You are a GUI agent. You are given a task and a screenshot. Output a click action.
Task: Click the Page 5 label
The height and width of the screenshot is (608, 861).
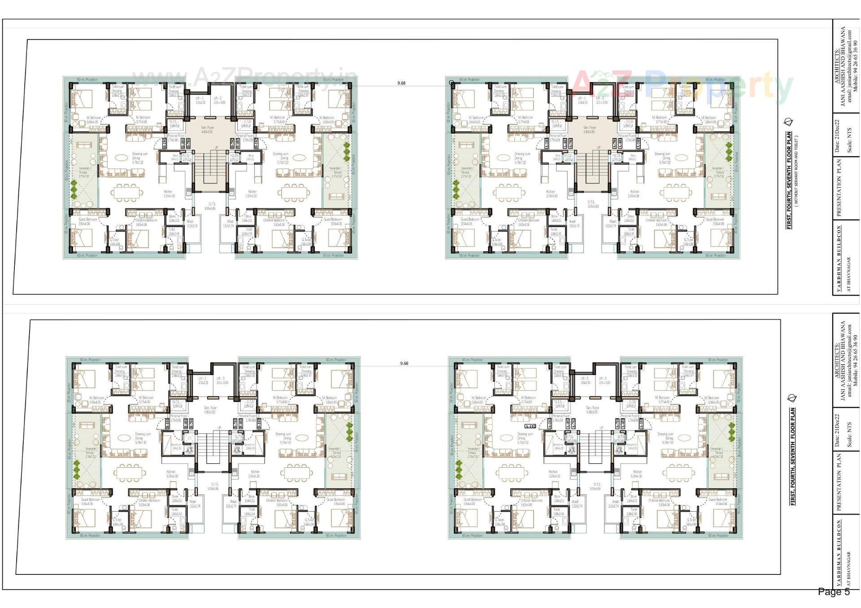[833, 592]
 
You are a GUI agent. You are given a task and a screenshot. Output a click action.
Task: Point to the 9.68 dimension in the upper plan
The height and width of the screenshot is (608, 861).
[401, 83]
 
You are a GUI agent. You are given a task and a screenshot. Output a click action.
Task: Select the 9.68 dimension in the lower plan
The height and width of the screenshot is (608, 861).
[404, 363]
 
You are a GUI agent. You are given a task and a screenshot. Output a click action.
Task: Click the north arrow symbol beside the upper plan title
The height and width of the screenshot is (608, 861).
[788, 122]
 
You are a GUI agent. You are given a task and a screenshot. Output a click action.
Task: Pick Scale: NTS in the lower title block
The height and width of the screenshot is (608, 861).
[849, 434]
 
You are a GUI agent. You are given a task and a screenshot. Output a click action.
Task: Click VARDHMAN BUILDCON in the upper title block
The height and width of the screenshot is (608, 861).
[839, 259]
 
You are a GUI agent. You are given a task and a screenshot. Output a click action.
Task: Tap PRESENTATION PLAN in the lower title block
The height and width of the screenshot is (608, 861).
[839, 482]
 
